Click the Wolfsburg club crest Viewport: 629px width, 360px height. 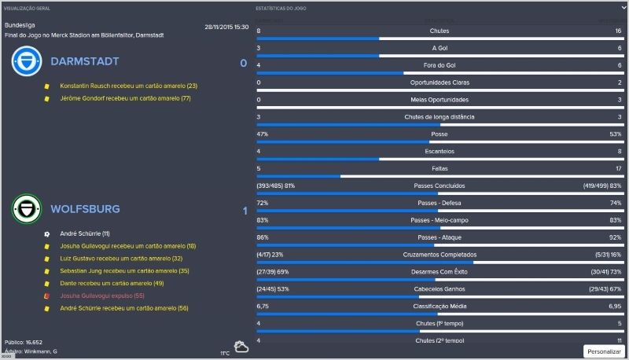pyautogui.click(x=27, y=210)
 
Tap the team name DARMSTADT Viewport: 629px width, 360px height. pyautogui.click(x=84, y=62)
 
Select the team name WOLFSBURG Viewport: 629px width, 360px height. pyautogui.click(x=85, y=210)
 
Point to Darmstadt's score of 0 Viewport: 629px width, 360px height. pyautogui.click(x=243, y=63)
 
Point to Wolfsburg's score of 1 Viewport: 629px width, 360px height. pyautogui.click(x=245, y=211)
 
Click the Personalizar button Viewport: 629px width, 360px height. pyautogui.click(x=604, y=351)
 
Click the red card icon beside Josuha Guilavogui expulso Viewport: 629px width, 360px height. pyautogui.click(x=47, y=296)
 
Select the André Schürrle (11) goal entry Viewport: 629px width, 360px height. pyautogui.click(x=85, y=233)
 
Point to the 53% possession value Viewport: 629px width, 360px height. pyautogui.click(x=615, y=134)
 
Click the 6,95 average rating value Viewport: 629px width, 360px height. pyautogui.click(x=614, y=306)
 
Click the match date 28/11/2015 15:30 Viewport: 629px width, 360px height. pyautogui.click(x=226, y=27)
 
